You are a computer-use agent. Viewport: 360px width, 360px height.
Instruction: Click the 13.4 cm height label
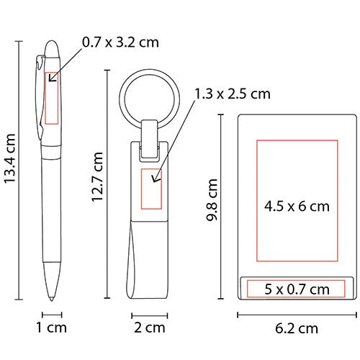11,159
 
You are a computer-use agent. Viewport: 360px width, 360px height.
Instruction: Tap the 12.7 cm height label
98,177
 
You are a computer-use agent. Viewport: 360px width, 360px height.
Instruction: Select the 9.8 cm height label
212,199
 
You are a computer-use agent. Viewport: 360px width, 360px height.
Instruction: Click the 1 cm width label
51,328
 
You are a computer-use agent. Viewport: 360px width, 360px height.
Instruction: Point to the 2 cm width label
150,328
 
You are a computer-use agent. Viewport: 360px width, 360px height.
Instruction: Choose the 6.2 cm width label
297,328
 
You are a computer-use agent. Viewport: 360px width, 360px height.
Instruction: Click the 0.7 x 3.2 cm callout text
120,42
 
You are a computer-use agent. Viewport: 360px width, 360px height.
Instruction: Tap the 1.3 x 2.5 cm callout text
233,94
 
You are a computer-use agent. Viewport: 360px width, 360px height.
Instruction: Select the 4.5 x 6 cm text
297,207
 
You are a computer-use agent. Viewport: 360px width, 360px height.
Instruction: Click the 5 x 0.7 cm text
297,289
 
